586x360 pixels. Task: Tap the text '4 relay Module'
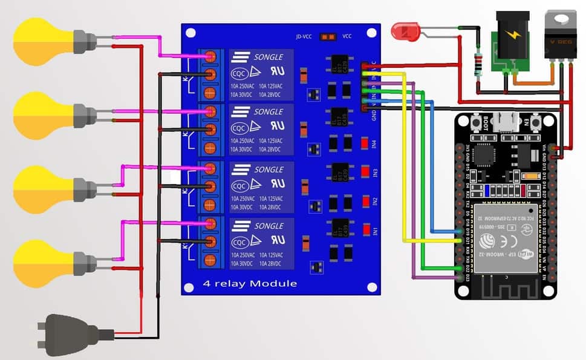pos(250,283)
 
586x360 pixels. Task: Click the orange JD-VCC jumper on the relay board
pos(328,36)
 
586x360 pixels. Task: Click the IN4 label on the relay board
pos(375,144)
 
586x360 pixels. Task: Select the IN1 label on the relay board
pos(375,231)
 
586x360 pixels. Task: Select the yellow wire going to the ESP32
pos(404,157)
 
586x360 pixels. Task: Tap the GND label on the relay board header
pos(375,115)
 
